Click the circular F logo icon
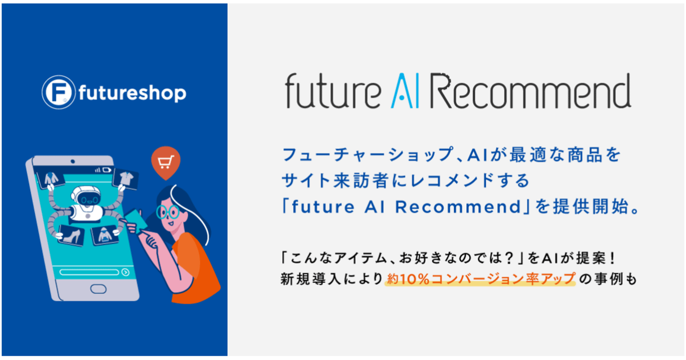coord(58,92)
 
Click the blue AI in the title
coord(405,90)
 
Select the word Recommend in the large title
coord(531,90)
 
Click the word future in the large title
coord(333,90)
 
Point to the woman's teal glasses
coord(168,212)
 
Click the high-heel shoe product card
coord(71,235)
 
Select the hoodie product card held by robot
coord(105,235)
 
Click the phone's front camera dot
coord(72,161)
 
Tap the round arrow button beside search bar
coord(126,272)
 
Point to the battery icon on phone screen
coord(107,170)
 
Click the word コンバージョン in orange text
coord(477,279)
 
